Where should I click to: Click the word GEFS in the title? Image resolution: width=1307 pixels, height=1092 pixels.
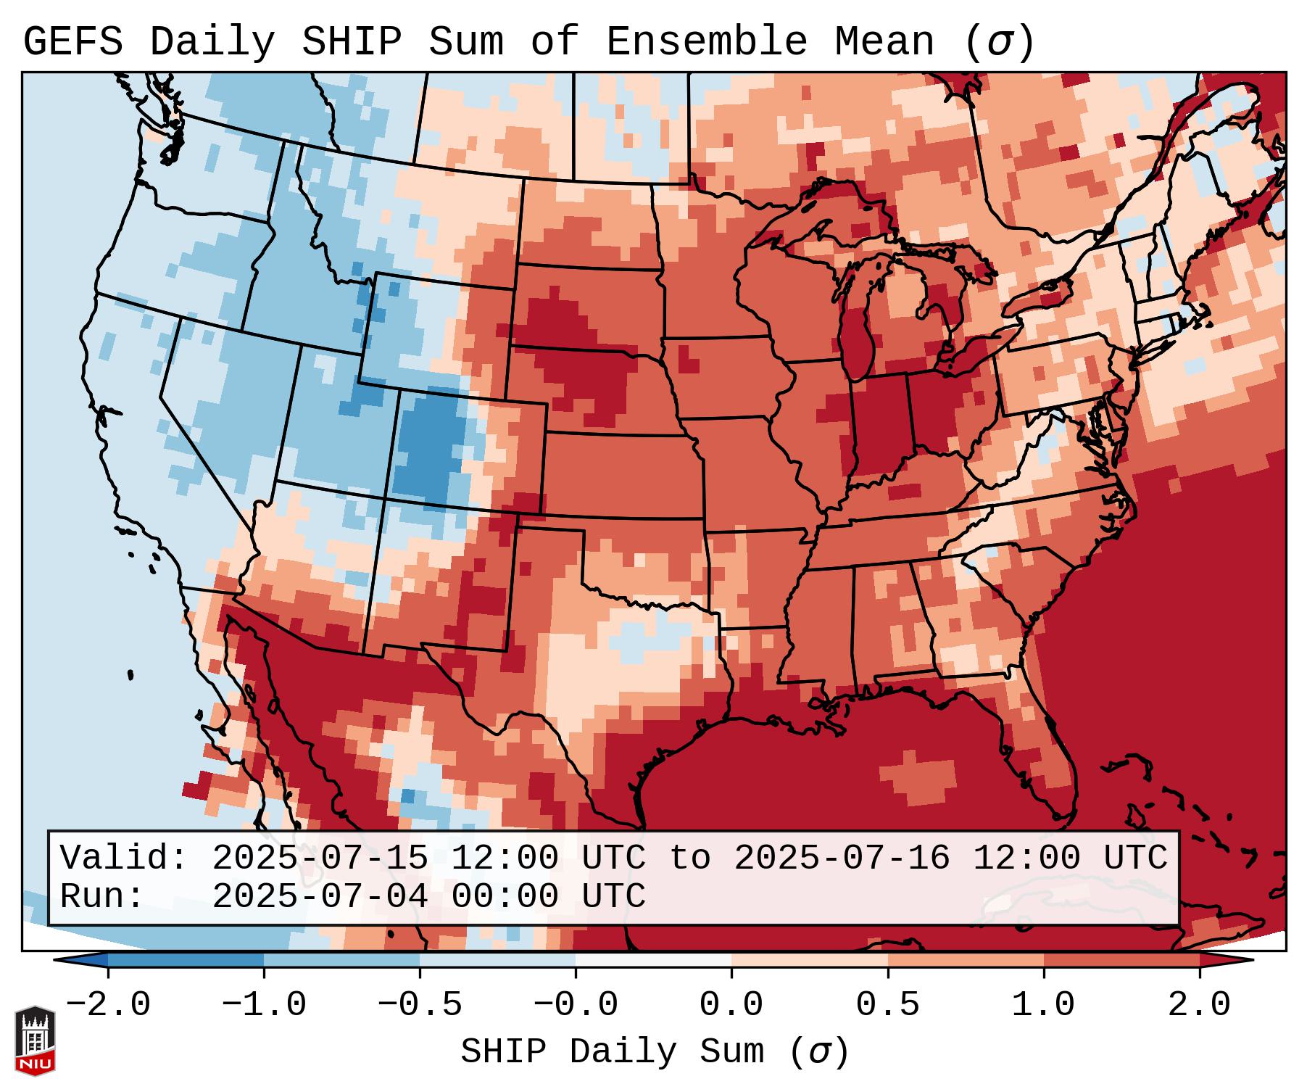point(72,42)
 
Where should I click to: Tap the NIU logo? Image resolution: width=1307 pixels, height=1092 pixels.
point(35,1041)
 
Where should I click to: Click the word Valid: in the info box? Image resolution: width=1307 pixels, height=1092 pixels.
point(124,858)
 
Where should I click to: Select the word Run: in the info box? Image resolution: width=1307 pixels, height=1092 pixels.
point(102,896)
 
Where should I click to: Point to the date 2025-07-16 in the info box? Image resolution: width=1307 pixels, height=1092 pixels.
point(842,858)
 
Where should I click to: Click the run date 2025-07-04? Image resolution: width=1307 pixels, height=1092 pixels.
point(320,896)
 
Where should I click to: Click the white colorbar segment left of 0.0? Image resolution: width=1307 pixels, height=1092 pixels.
point(653,961)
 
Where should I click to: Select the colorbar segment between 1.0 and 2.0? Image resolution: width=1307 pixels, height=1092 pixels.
point(1121,961)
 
